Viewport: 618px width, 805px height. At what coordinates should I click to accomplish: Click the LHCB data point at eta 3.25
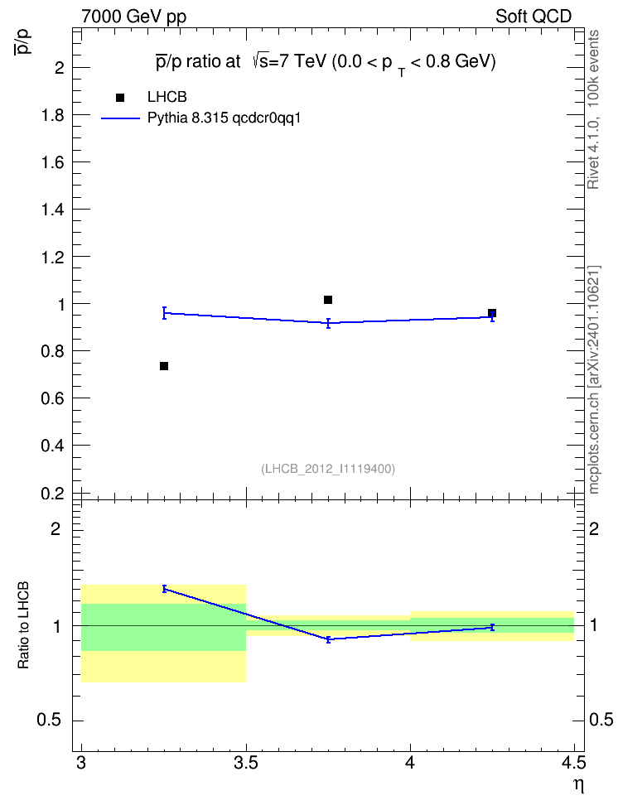(164, 366)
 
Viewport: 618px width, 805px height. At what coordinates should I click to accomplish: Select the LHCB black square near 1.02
(328, 300)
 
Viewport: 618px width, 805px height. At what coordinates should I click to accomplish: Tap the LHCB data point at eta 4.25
(491, 313)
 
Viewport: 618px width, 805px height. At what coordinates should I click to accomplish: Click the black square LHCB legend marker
(120, 98)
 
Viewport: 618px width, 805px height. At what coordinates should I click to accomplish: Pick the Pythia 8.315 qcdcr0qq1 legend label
(224, 118)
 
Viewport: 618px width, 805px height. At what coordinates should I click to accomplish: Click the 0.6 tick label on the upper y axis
(52, 398)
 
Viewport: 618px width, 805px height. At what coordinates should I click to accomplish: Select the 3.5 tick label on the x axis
(246, 764)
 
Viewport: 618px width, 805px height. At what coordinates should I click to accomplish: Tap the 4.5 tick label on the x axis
(573, 764)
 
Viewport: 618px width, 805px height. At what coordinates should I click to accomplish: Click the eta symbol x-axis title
(578, 785)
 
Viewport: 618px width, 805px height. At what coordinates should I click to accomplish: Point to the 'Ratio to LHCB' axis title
(23, 625)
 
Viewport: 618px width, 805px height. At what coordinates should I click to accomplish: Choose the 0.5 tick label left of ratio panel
(49, 721)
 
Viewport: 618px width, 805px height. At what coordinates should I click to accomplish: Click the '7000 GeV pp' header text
(133, 17)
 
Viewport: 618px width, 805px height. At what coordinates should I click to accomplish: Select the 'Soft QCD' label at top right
(534, 17)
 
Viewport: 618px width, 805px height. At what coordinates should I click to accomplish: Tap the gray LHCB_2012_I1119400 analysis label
(328, 469)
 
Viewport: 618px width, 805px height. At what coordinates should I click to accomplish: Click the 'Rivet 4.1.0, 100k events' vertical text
(593, 110)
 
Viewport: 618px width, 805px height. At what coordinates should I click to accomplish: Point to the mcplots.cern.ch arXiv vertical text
(593, 379)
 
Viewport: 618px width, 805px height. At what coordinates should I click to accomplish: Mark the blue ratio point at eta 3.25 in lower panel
(164, 589)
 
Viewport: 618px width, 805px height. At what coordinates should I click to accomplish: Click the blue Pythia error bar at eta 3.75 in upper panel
(328, 323)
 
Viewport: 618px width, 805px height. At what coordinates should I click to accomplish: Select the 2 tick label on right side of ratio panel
(593, 528)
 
